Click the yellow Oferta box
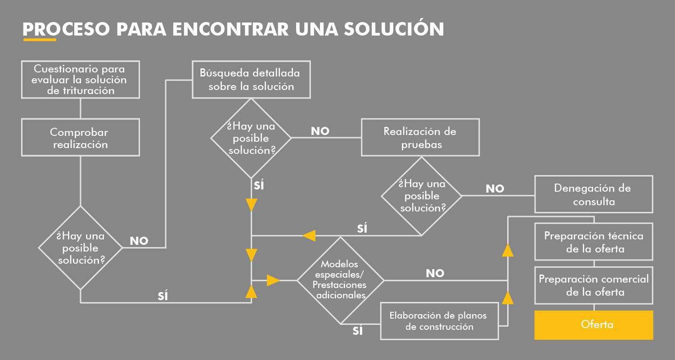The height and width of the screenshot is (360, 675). [594, 324]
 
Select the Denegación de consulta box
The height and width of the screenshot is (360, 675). [594, 194]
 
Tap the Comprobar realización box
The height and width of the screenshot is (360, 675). [81, 137]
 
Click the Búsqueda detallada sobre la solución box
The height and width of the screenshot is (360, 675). [251, 79]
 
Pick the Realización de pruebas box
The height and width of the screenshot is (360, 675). [420, 137]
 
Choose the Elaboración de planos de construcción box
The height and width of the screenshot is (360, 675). [439, 321]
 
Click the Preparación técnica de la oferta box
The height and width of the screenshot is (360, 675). [594, 242]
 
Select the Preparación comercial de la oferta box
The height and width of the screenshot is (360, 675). [594, 285]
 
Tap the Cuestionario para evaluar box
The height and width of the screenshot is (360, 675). [81, 79]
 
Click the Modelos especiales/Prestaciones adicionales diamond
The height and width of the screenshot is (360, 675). [340, 280]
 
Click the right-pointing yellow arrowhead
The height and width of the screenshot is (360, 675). [273, 280]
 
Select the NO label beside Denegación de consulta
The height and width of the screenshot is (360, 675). [495, 189]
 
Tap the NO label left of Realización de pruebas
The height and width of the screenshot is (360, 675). [320, 131]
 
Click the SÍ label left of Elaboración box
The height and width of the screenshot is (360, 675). [358, 331]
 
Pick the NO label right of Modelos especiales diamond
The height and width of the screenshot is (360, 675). [435, 273]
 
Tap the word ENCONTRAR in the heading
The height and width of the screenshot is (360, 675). [230, 29]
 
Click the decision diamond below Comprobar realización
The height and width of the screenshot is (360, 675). [81, 247]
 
